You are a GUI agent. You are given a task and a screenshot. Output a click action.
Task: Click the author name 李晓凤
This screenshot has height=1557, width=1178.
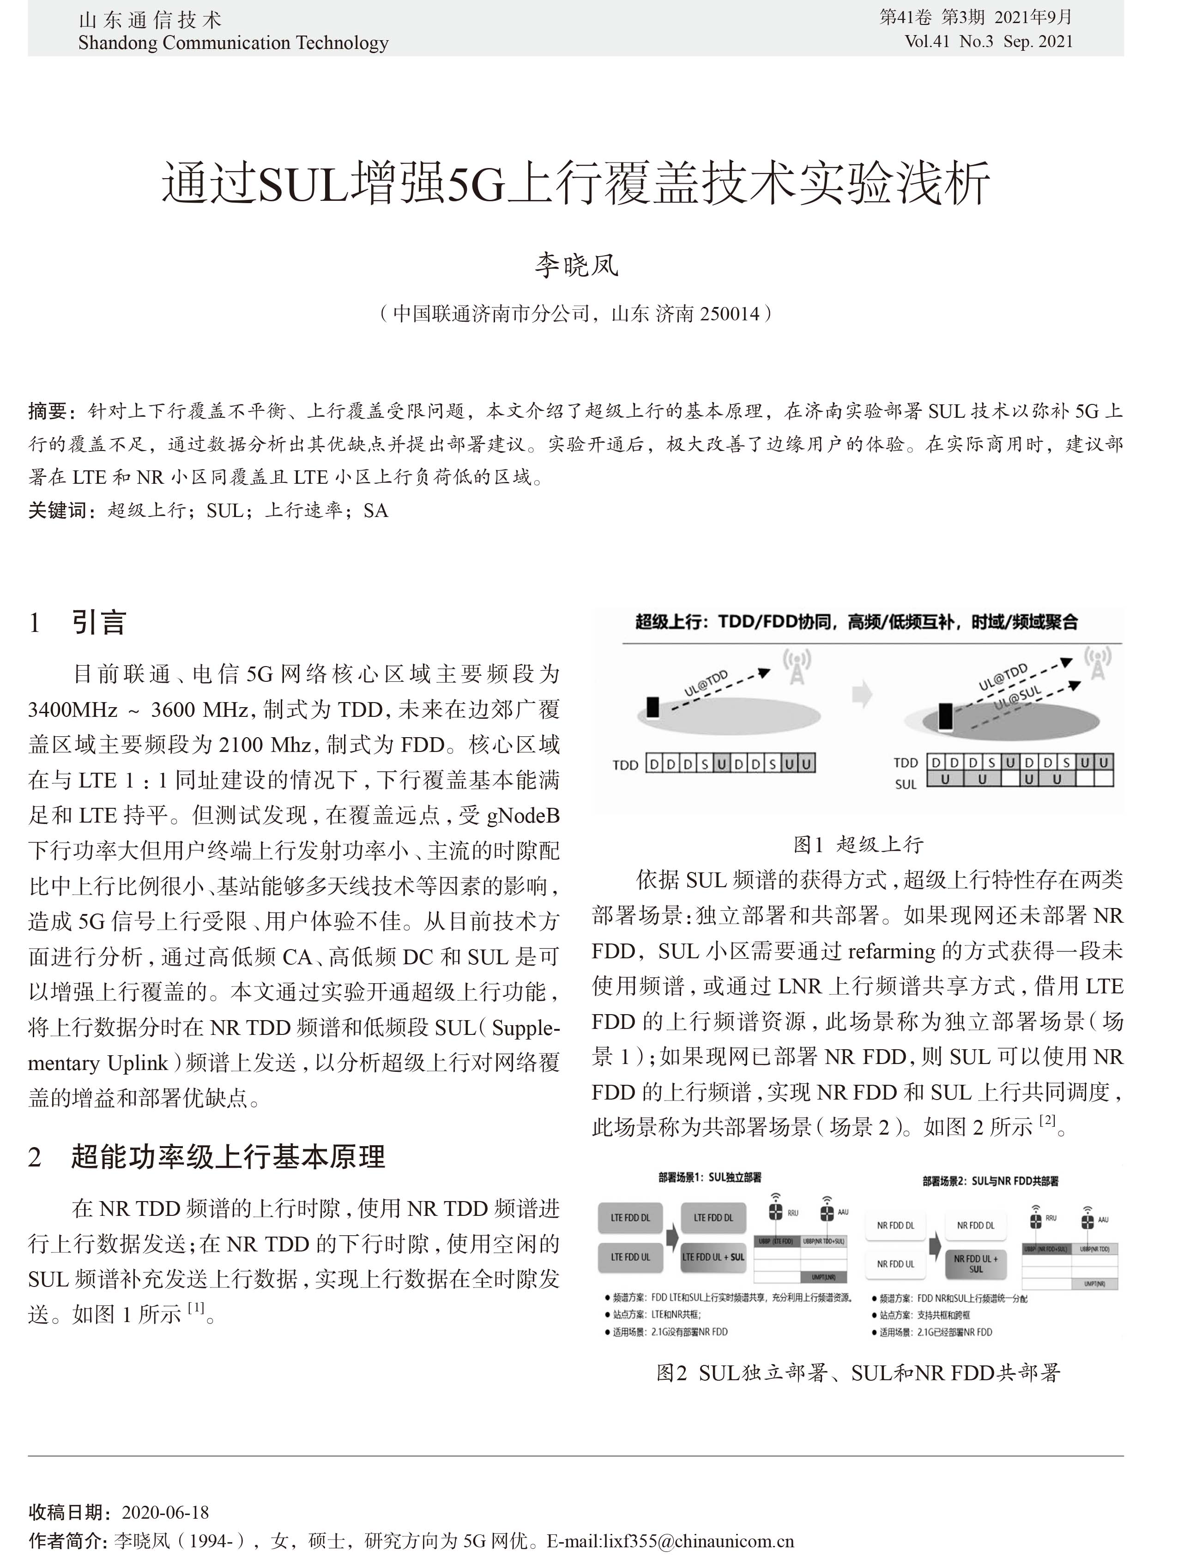576,265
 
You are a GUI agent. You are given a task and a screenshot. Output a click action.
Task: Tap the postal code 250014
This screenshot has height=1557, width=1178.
730,313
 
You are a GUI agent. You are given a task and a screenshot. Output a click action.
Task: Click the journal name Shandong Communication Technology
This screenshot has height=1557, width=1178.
233,43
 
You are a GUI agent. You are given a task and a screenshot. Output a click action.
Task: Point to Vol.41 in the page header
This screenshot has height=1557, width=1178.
927,42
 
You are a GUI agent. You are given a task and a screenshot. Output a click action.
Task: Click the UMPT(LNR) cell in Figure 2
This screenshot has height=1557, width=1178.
823,1277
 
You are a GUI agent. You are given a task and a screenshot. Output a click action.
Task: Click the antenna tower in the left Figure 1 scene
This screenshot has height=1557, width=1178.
797,667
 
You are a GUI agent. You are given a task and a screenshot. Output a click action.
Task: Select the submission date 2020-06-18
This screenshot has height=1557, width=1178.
165,1512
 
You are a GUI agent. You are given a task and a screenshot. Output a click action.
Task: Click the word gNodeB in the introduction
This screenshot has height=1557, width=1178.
522,815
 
